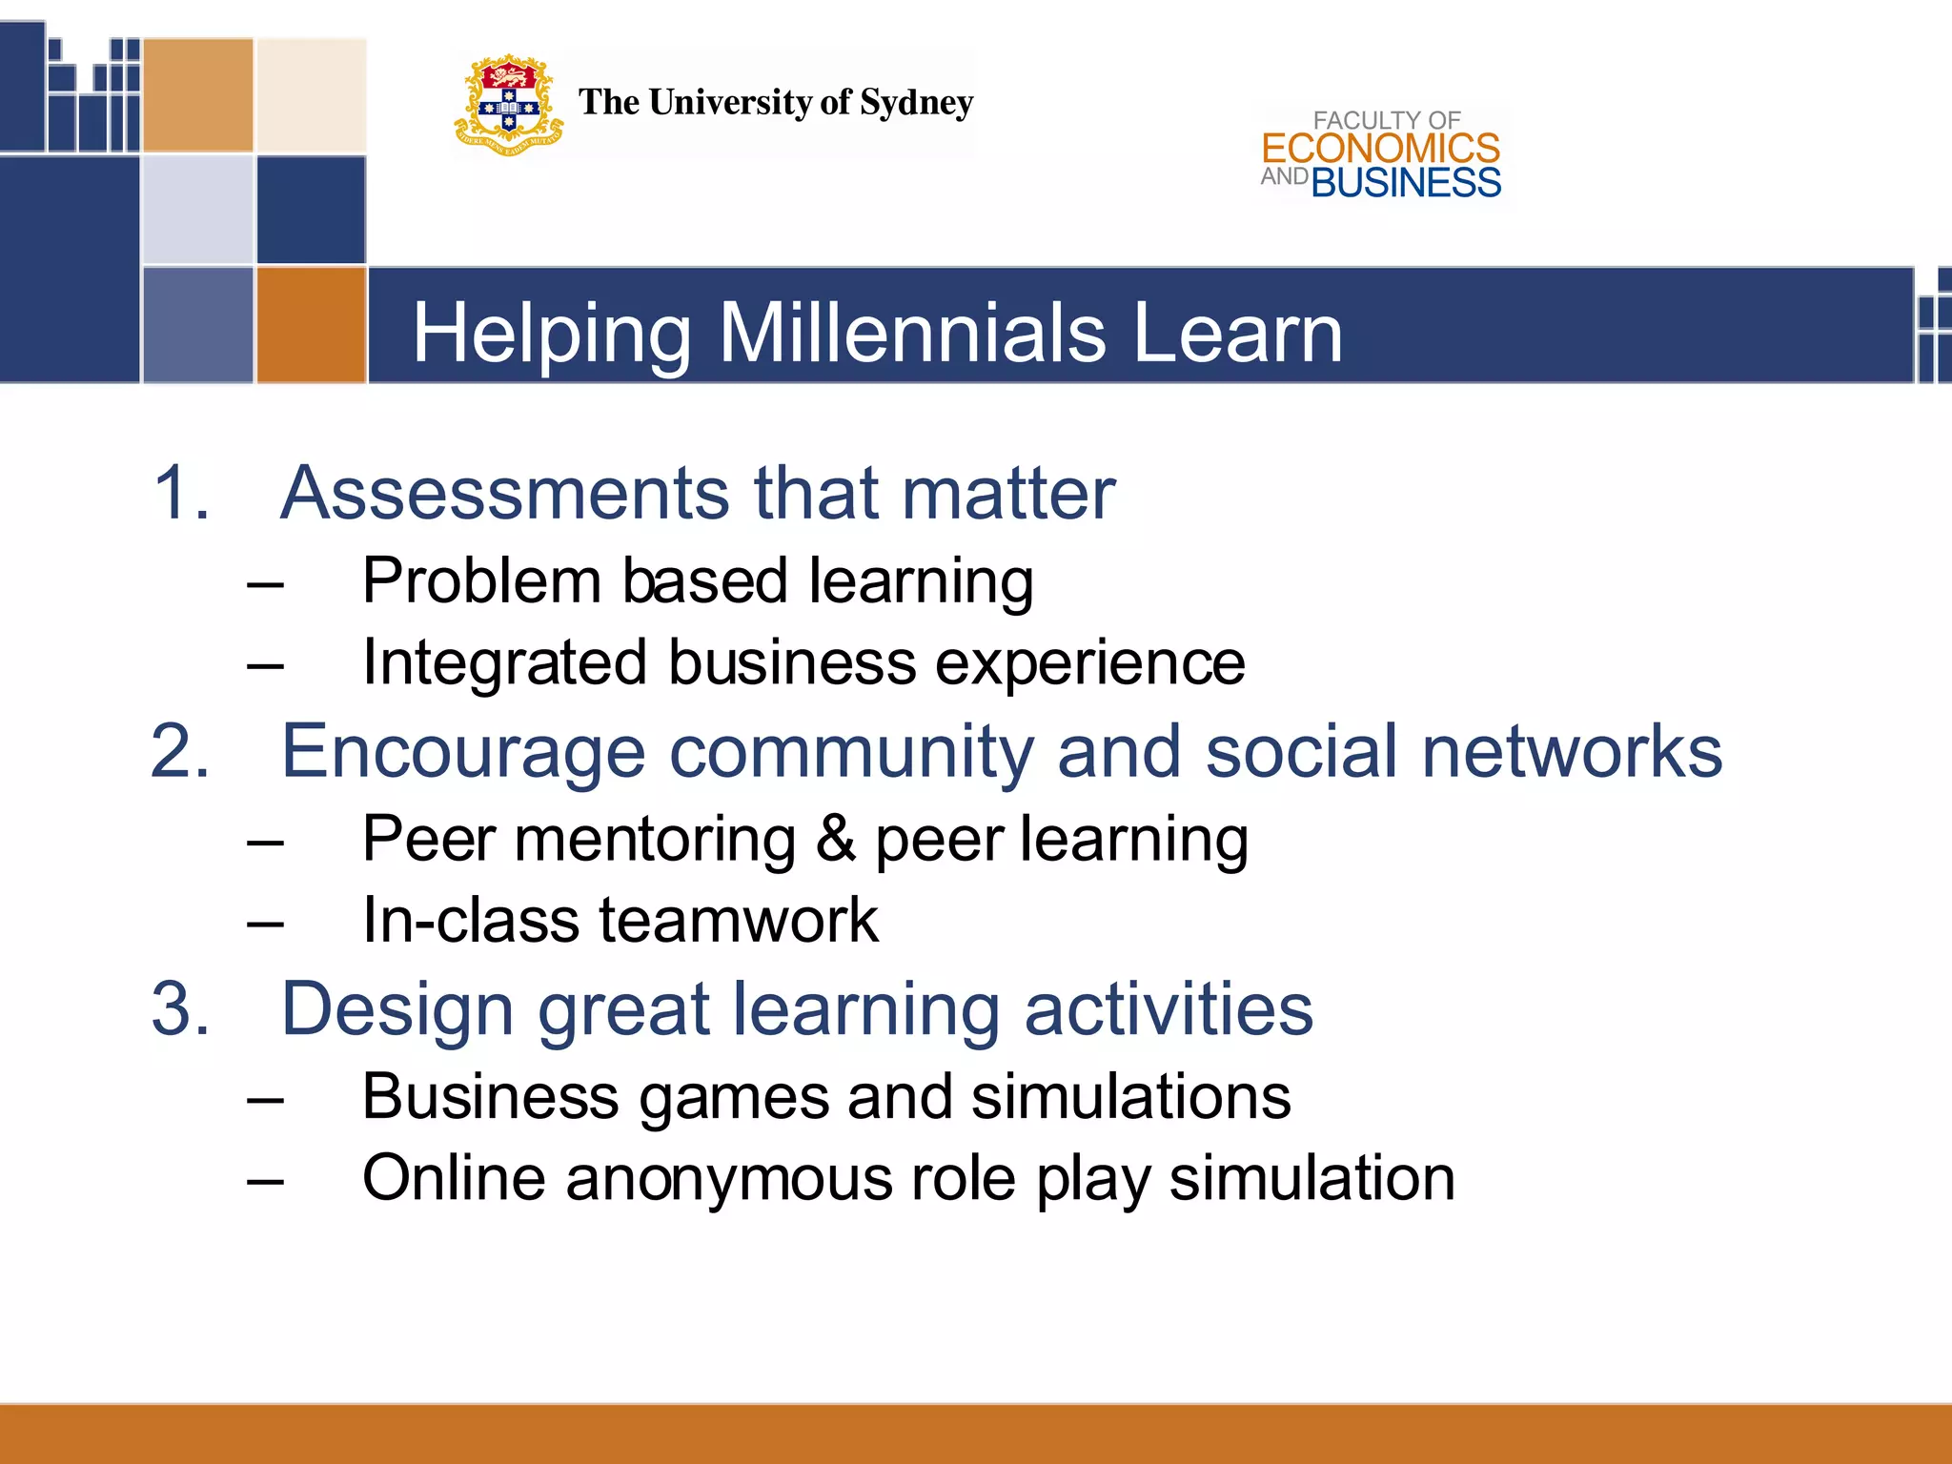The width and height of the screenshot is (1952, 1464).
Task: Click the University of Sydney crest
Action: (508, 105)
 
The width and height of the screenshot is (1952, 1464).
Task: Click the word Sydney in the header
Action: (916, 103)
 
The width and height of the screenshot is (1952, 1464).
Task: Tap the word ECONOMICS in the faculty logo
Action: (1380, 149)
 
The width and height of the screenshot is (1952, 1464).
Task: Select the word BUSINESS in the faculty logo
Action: (1406, 183)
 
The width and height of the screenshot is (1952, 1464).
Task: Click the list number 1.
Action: (178, 494)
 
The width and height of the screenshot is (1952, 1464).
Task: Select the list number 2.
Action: (180, 752)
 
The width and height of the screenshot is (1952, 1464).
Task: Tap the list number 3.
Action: (180, 1009)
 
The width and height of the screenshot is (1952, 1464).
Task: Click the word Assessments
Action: (505, 494)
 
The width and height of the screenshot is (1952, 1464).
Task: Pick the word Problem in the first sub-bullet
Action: (481, 581)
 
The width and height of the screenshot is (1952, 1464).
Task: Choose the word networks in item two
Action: (1572, 752)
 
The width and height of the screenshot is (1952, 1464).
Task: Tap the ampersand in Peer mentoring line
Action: (836, 840)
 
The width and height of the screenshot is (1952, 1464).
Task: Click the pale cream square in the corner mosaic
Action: (311, 94)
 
